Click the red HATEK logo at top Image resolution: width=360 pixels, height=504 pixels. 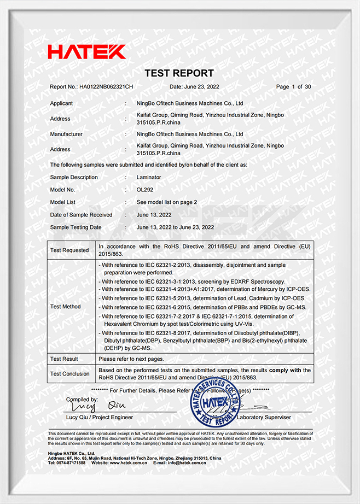(86, 52)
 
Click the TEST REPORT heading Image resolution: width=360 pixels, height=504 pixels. (179, 73)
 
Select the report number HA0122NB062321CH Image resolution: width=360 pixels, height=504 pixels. (106, 87)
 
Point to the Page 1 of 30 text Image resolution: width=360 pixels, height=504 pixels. (293, 87)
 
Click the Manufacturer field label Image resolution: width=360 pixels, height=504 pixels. (66, 134)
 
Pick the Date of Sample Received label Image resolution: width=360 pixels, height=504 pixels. (81, 215)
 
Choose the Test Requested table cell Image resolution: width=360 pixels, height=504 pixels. (69, 250)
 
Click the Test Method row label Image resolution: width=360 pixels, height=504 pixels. (66, 307)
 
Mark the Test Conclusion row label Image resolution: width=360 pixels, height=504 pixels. (69, 374)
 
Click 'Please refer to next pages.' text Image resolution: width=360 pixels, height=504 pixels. (131, 359)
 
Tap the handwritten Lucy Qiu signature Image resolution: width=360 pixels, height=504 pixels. (96, 406)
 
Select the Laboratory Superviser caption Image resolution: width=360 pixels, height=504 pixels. (264, 417)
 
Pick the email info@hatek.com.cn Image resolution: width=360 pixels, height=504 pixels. (187, 462)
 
